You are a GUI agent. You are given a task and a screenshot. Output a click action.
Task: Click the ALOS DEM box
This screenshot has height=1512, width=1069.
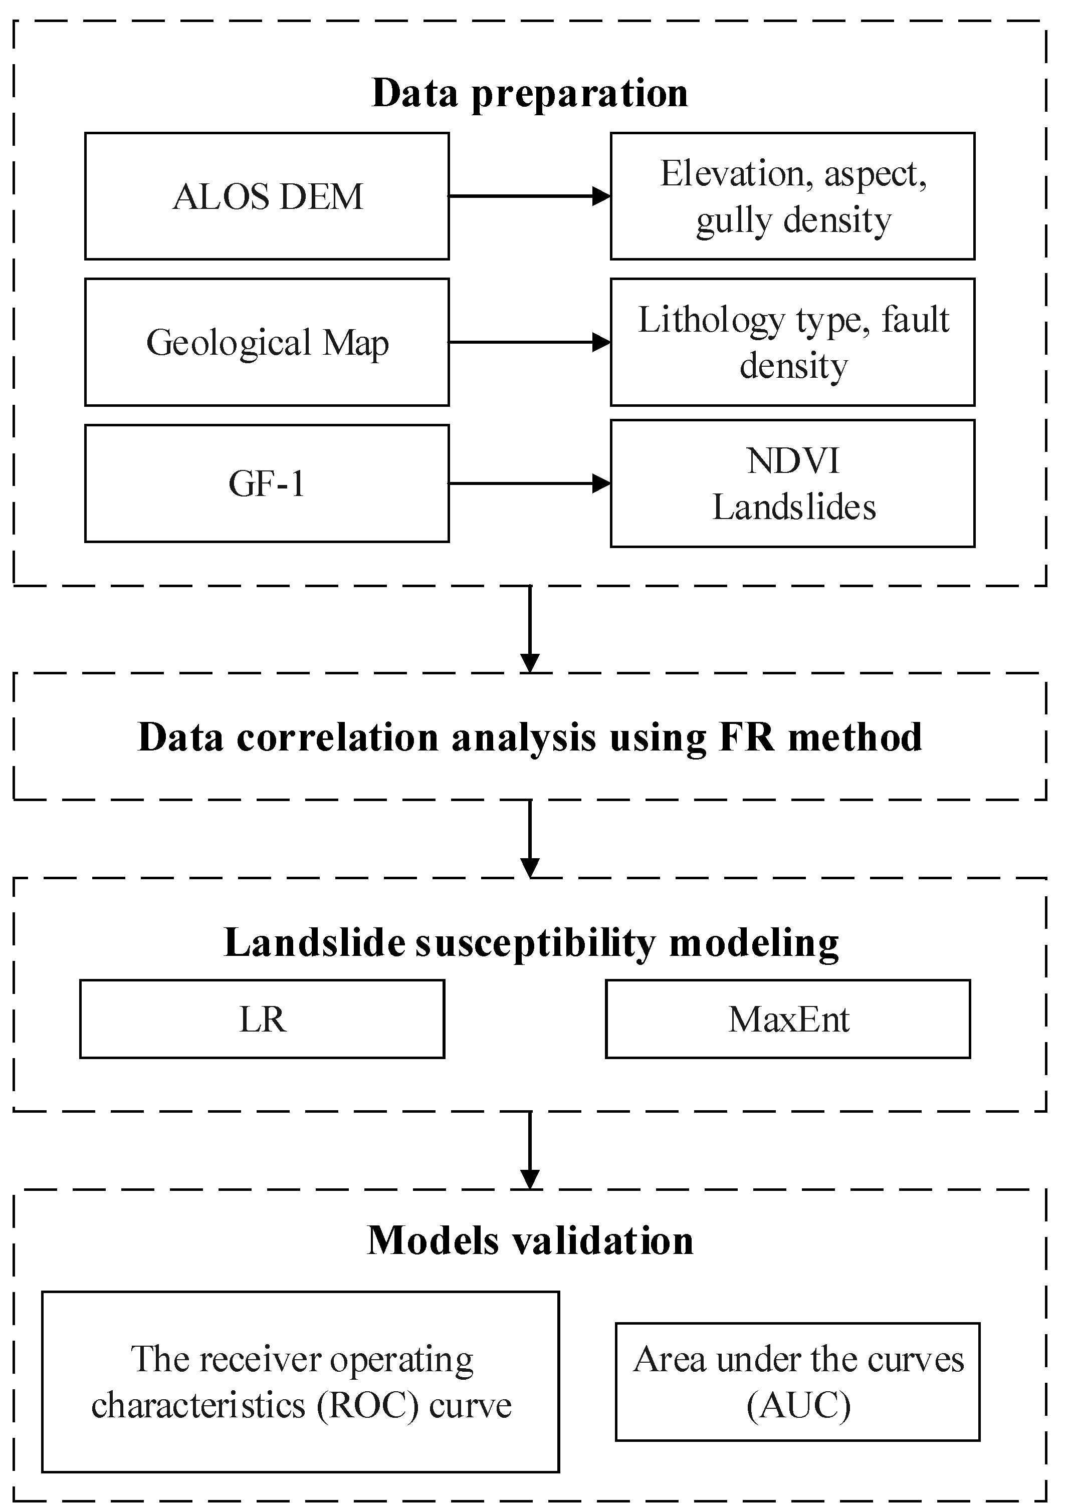tap(267, 196)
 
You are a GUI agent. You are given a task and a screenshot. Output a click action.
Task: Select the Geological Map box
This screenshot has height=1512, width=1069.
tap(267, 343)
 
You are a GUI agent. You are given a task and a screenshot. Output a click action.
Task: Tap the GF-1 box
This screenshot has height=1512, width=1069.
tap(267, 483)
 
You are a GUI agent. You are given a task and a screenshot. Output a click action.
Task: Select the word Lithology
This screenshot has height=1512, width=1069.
tap(711, 320)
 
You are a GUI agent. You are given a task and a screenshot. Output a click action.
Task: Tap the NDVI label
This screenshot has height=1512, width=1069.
tap(793, 460)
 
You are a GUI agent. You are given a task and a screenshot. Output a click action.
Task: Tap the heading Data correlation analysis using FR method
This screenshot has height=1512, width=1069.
tap(530, 737)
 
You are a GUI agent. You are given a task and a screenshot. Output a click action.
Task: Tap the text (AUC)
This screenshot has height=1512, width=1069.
tap(798, 1405)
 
